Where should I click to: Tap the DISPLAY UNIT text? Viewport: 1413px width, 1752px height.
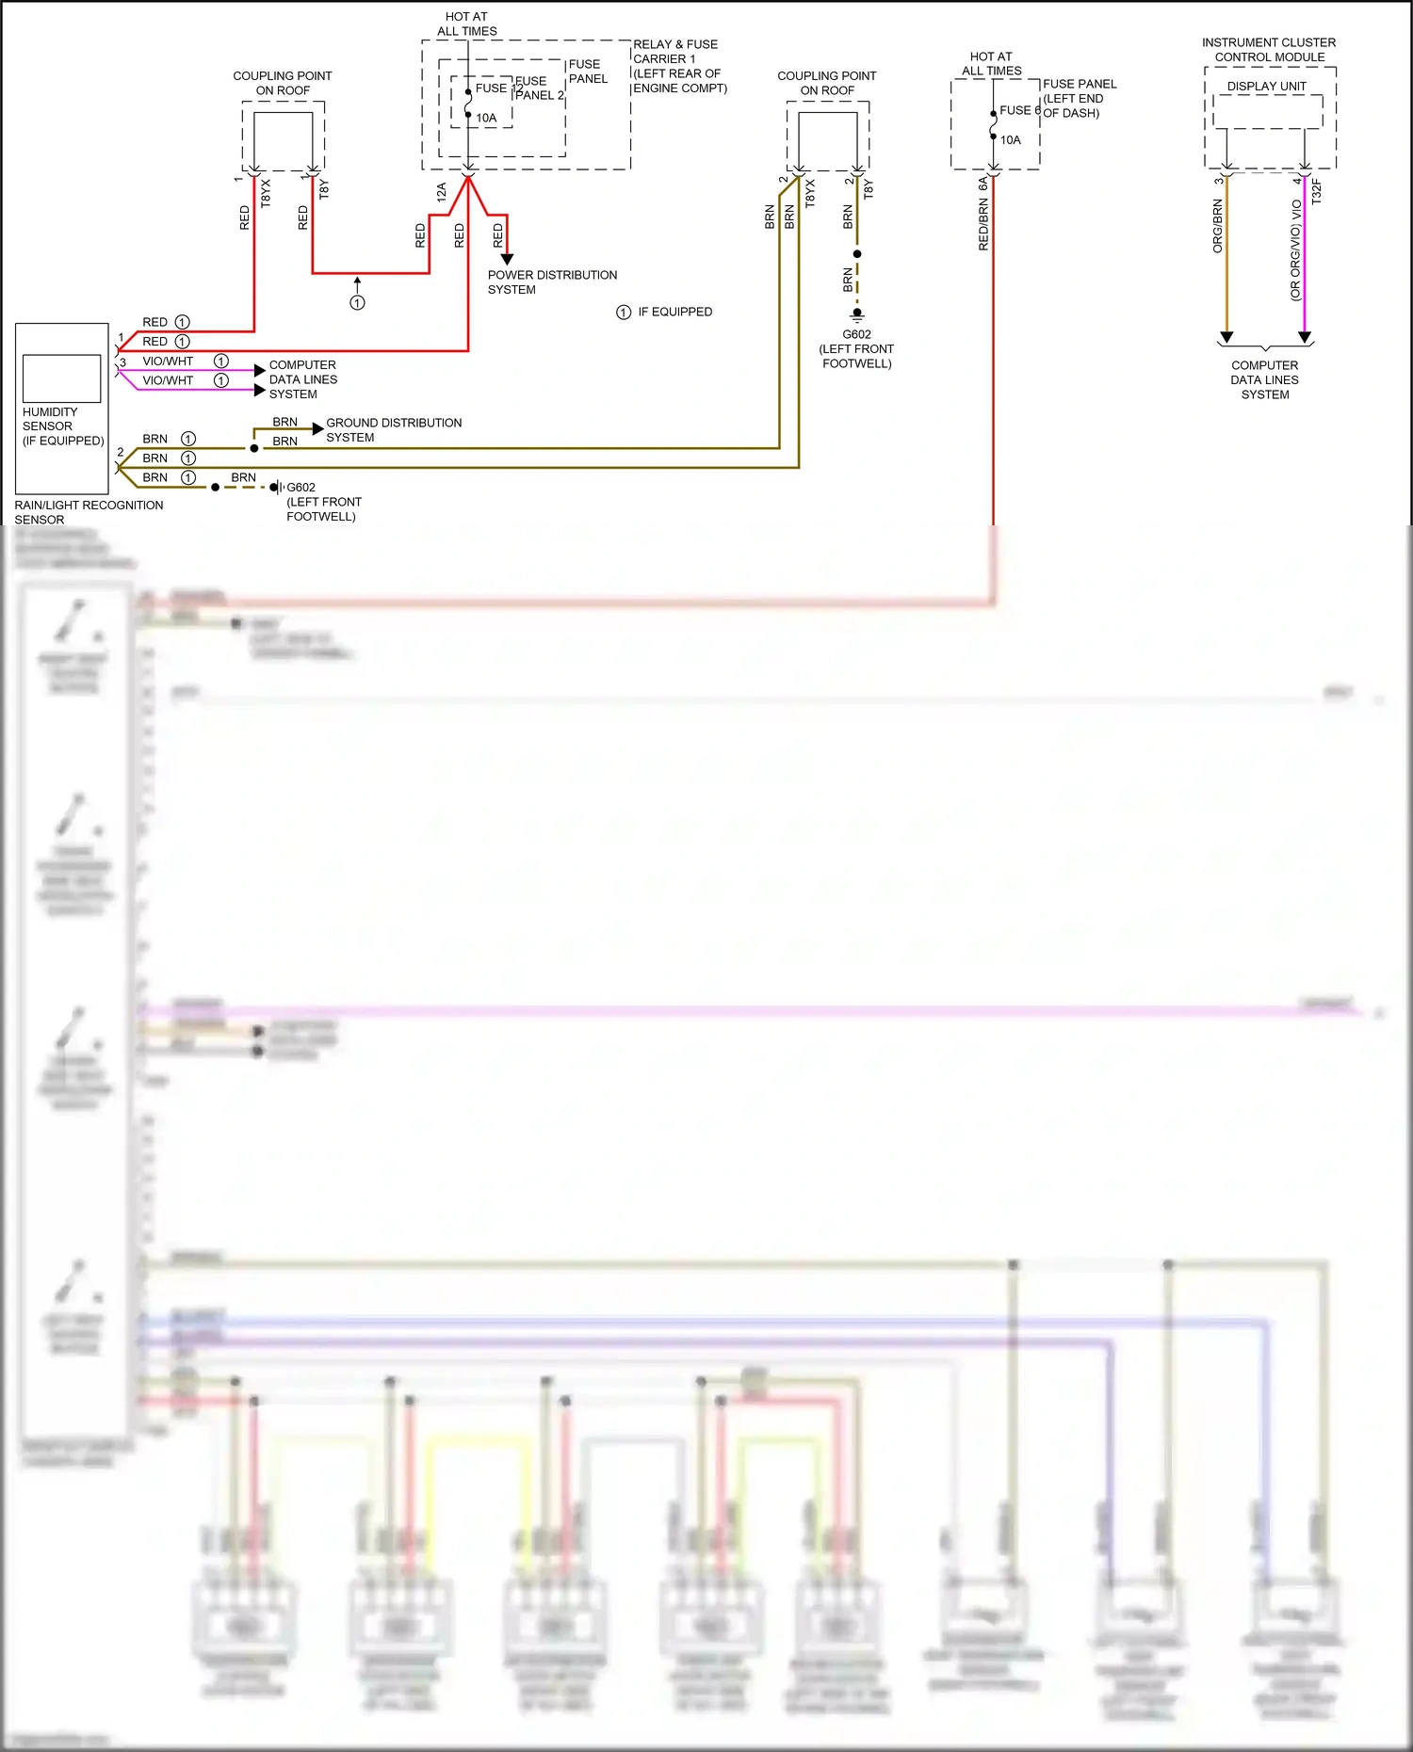coord(1266,87)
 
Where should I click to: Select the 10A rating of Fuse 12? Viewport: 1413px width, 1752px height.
coord(486,118)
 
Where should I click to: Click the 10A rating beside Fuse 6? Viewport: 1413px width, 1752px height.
coord(1010,140)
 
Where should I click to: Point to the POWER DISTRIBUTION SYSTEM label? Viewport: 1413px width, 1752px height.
coord(551,282)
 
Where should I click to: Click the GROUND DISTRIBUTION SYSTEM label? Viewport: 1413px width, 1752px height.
coord(393,430)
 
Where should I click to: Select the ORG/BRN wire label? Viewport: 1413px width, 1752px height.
coord(1217,226)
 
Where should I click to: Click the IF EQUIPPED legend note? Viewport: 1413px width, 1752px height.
coord(674,312)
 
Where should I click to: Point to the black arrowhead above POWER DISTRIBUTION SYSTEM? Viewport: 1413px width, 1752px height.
coord(507,259)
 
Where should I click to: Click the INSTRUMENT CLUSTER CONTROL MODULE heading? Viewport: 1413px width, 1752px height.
coord(1268,50)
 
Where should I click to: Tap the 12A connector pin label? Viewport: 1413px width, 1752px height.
coord(441,193)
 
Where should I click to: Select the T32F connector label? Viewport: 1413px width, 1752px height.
coord(1316,192)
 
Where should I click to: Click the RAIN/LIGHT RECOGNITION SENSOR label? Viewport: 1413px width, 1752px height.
coord(88,512)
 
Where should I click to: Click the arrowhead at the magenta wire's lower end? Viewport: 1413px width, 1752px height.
coord(1305,337)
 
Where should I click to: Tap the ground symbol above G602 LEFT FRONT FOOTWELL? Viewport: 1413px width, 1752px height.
coord(856,314)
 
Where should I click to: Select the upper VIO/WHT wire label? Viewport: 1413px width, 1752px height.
coord(168,362)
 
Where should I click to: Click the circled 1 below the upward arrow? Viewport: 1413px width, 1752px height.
coord(357,302)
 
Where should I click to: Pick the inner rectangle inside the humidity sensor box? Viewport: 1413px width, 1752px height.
coord(61,378)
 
